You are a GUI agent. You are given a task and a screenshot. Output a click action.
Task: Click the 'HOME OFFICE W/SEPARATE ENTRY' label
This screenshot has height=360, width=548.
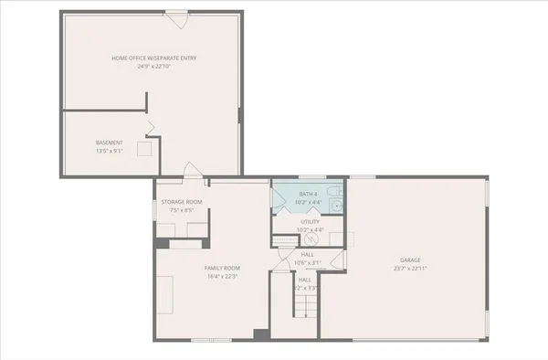pyautogui.click(x=154, y=58)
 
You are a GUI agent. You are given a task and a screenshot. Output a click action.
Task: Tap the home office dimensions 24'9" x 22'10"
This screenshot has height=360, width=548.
pyautogui.click(x=154, y=67)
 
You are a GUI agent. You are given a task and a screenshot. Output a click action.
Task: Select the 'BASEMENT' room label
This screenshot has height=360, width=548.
pyautogui.click(x=109, y=143)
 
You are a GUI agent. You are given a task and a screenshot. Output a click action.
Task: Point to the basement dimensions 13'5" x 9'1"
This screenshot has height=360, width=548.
pyautogui.click(x=109, y=151)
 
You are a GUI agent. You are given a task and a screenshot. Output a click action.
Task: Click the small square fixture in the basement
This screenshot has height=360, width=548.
pyautogui.click(x=143, y=148)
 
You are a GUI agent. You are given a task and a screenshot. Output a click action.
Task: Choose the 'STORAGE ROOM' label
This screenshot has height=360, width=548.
pyautogui.click(x=182, y=202)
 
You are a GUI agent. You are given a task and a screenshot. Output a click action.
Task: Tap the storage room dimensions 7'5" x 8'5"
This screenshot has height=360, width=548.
pyautogui.click(x=182, y=210)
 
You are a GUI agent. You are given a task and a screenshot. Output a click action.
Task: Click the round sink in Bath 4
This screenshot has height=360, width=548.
pyautogui.click(x=336, y=205)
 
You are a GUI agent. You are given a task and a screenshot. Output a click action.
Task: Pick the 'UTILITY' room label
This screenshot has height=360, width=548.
pyautogui.click(x=310, y=221)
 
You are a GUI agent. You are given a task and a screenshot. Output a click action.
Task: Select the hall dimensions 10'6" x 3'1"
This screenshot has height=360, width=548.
pyautogui.click(x=307, y=263)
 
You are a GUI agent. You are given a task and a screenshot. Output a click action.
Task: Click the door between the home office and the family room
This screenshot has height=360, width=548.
pyautogui.click(x=190, y=171)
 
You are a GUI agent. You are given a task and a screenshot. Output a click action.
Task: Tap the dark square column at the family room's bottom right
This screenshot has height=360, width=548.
pyautogui.click(x=260, y=335)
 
